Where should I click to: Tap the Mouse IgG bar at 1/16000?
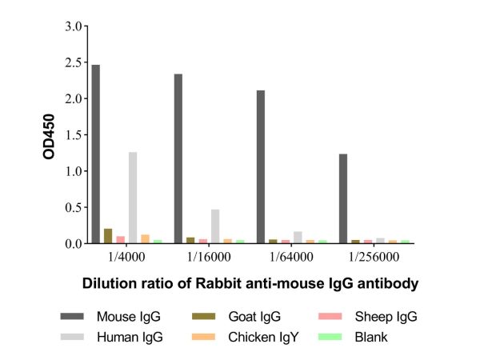[178, 158]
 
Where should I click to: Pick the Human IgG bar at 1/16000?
[215, 226]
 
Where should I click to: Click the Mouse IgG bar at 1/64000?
[261, 166]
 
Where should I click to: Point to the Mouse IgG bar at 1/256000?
[343, 198]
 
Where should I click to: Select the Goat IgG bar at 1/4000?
[108, 236]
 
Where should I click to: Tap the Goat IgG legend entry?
[232, 317]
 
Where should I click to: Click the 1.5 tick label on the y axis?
[74, 135]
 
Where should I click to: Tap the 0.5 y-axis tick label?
[74, 207]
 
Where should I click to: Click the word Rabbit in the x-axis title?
[212, 283]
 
